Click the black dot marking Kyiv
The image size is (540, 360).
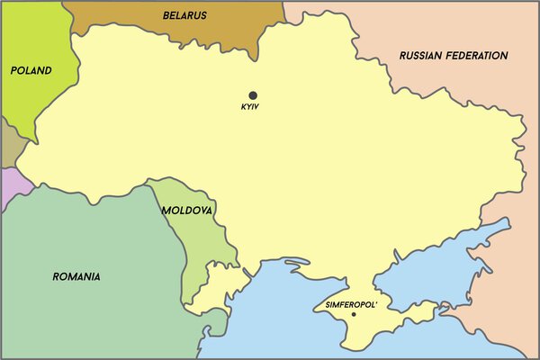pyautogui.click(x=253, y=94)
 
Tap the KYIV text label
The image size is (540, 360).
pyautogui.click(x=250, y=108)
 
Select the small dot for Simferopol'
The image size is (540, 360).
pyautogui.click(x=354, y=314)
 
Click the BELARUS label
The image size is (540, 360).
pyautogui.click(x=185, y=15)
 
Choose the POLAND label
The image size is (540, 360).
pyautogui.click(x=31, y=70)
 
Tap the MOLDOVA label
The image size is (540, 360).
pyautogui.click(x=187, y=211)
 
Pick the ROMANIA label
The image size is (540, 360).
pyautogui.click(x=76, y=276)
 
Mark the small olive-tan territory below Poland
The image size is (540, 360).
pyautogui.click(x=10, y=144)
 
